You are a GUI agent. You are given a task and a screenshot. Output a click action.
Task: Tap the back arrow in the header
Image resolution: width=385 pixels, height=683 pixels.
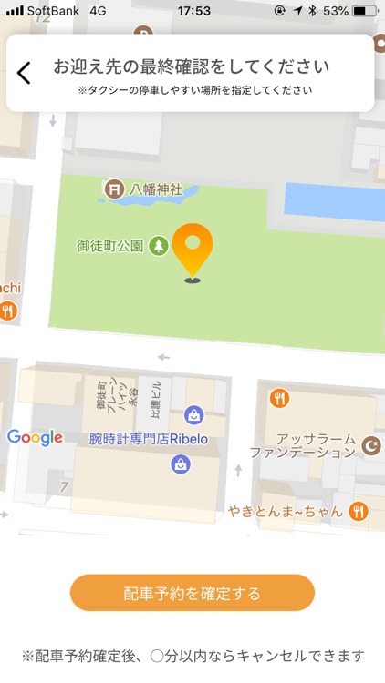(24, 73)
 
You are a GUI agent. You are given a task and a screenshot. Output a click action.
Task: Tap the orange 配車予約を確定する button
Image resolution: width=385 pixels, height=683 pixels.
(192, 594)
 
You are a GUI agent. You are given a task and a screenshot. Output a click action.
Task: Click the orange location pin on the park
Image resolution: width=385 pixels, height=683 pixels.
(192, 249)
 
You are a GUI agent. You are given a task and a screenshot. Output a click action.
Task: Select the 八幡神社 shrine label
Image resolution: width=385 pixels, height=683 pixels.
(156, 189)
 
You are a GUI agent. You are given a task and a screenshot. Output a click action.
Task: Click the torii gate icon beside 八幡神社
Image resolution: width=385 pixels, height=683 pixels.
(115, 189)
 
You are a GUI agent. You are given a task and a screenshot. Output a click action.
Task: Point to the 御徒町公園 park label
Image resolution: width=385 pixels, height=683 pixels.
(109, 246)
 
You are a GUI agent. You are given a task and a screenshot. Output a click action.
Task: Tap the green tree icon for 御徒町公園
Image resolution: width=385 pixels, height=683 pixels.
(159, 246)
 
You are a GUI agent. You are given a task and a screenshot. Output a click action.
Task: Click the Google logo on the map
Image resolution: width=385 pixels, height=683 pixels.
(35, 437)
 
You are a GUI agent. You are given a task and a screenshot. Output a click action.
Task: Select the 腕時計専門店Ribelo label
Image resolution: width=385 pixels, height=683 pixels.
(150, 438)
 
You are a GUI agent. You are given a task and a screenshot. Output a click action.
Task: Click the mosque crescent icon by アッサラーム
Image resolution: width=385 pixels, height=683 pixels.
(370, 445)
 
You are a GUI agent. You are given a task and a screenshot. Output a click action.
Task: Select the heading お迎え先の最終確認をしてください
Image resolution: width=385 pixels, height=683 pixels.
(191, 66)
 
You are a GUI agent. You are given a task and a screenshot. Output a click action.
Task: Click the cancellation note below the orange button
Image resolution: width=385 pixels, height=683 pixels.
(192, 656)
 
